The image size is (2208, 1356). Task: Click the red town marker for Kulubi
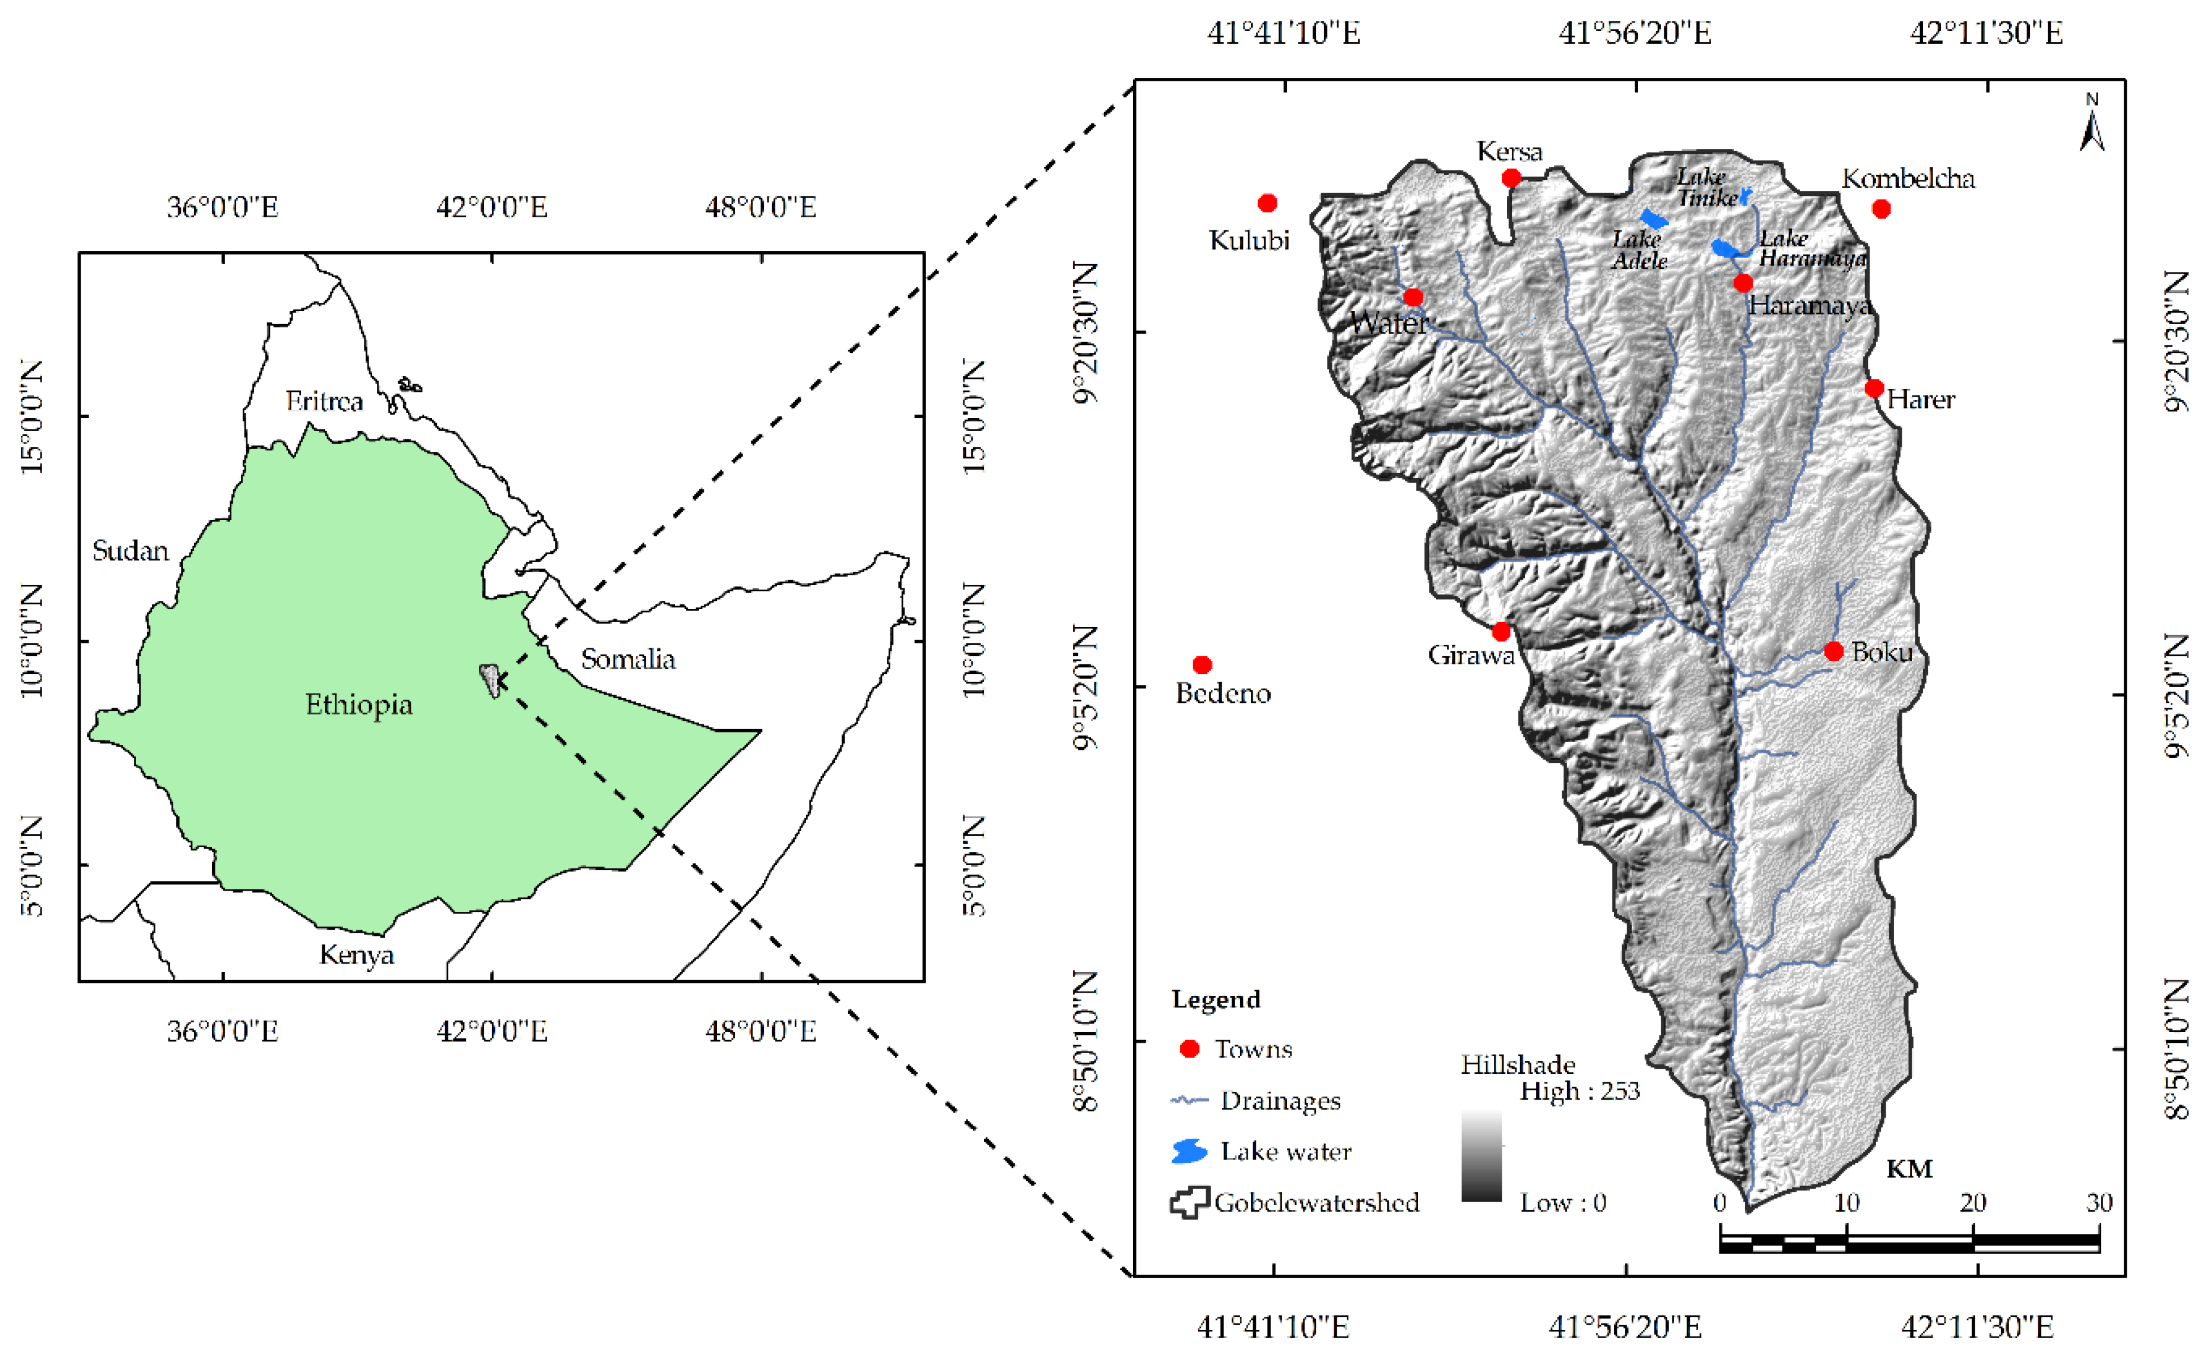1267,204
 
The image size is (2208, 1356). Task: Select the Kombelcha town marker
1882,209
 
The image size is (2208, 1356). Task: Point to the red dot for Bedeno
1202,664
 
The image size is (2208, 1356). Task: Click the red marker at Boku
1834,651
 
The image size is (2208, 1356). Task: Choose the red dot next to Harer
1874,388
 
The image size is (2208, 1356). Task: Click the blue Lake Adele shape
1654,219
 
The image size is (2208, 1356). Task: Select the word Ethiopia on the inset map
359,705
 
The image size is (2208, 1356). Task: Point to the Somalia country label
627,659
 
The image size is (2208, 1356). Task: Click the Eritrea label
323,401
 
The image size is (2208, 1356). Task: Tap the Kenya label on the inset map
356,954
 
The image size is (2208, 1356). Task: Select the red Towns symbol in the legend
1189,1049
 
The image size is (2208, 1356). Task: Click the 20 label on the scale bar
1972,1203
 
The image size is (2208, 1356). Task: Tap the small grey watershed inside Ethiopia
490,680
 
